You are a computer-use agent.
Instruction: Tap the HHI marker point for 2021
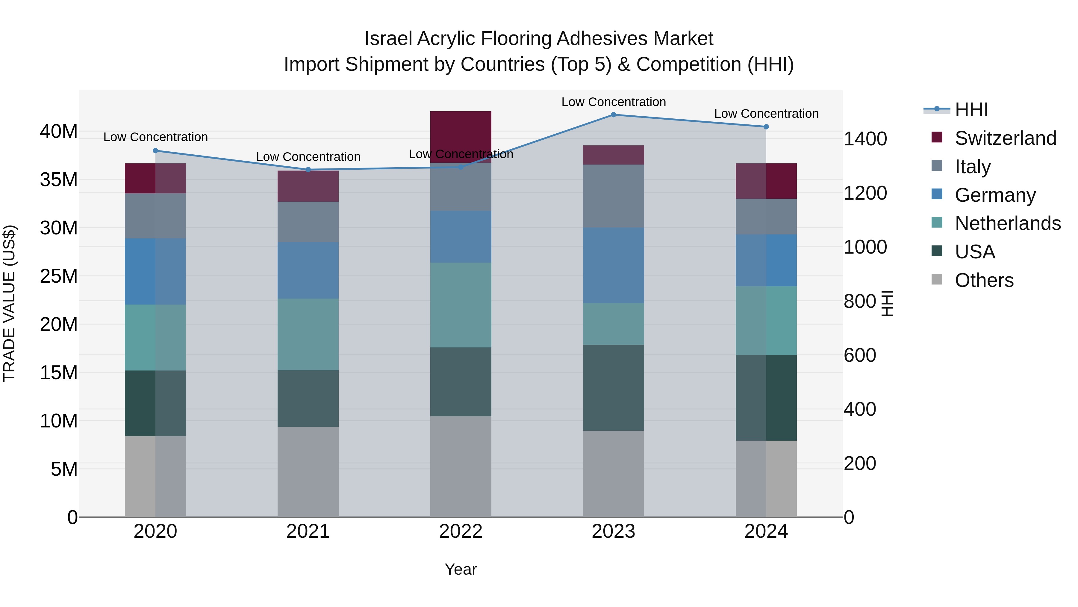point(308,170)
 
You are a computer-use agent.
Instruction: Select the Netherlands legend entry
point(1007,223)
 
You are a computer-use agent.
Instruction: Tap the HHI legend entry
point(971,110)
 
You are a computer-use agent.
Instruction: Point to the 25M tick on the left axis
point(59,276)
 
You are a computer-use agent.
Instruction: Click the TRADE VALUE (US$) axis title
point(9,303)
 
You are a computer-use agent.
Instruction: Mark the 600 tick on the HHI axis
point(859,355)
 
